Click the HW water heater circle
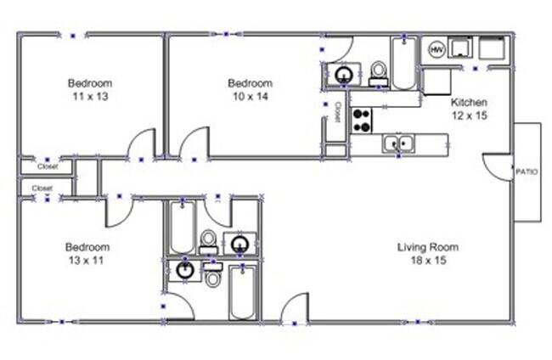(437, 49)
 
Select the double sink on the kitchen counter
(397, 143)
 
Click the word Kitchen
(469, 102)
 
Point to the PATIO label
(526, 172)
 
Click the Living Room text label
(429, 248)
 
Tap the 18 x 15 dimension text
(429, 261)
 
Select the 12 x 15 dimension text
(469, 115)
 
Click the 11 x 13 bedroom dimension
(90, 97)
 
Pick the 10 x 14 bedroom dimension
(250, 97)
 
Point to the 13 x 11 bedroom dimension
(87, 261)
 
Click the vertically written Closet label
(337, 113)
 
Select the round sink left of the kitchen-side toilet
(344, 75)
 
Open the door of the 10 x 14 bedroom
(194, 144)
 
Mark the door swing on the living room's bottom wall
(295, 308)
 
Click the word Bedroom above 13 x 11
(87, 248)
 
